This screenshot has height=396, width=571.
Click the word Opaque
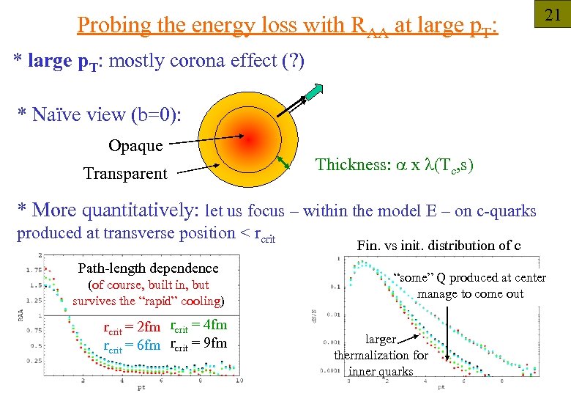click(135, 145)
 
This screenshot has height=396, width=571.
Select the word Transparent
click(125, 174)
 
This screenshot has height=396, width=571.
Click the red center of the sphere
click(248, 139)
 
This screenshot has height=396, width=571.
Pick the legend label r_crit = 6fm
click(132, 345)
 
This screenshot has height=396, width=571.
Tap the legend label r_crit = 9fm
click(198, 344)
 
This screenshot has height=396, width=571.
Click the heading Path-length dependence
click(148, 268)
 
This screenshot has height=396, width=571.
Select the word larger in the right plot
click(381, 340)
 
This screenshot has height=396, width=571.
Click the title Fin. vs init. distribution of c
click(438, 246)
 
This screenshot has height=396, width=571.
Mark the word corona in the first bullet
click(198, 61)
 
